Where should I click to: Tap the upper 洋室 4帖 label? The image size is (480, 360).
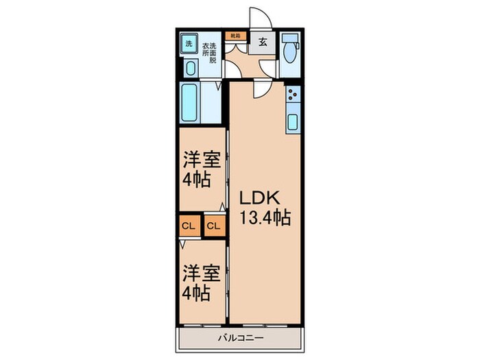point(200,171)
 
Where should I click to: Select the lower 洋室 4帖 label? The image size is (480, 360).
point(200,283)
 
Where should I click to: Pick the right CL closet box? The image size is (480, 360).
point(214,225)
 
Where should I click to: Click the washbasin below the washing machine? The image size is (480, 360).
point(190,67)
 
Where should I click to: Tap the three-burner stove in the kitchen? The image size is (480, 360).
point(292,97)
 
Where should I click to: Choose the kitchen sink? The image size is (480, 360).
point(292,123)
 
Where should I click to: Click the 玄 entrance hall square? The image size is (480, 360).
point(263,42)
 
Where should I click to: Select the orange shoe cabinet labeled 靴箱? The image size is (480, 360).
point(235,34)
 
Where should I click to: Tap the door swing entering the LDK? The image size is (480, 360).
point(263,89)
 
